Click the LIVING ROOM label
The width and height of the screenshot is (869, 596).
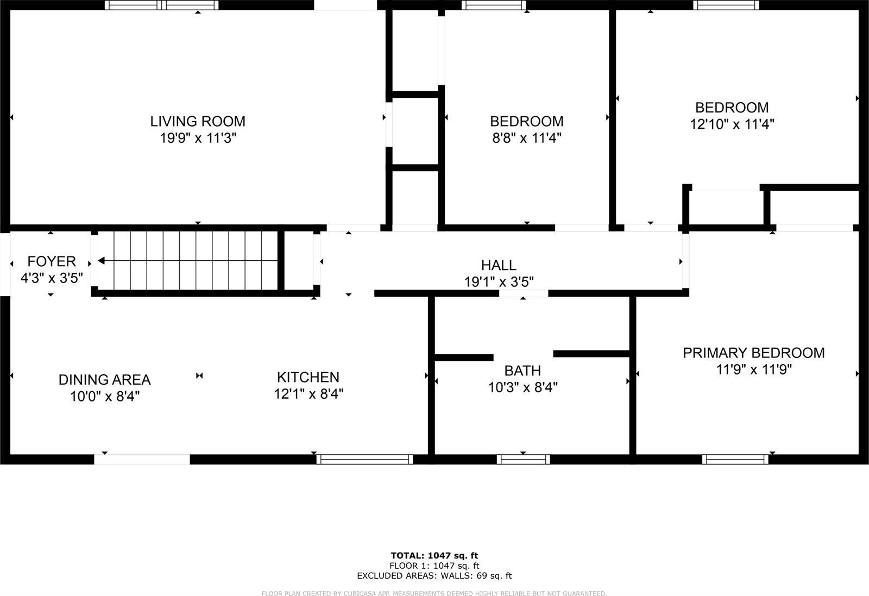coord(198,121)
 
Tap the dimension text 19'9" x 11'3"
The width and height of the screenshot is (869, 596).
coord(198,138)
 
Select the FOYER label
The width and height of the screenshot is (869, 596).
coord(52,261)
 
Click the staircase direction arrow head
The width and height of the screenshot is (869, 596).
coord(101,261)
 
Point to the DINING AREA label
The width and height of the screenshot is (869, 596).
coord(104,379)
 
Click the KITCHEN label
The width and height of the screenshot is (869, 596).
coord(308,377)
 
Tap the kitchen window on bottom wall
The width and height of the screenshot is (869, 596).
coord(364,460)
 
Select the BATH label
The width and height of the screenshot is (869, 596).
coord(522,371)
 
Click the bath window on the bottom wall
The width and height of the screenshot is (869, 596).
coord(523,460)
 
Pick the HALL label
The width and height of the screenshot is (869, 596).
coord(499,265)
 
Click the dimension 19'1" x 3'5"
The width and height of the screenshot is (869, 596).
coord(499,282)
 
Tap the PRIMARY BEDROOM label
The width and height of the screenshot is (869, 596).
coord(753,353)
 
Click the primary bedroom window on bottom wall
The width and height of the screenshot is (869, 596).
coord(735,460)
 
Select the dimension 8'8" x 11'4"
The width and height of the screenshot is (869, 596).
coord(526,138)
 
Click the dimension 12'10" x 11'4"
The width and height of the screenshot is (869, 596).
coord(732,124)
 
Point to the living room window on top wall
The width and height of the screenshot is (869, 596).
coord(161,5)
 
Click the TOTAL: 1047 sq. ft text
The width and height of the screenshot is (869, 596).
coord(434,555)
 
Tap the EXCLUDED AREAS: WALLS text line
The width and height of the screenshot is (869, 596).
coord(434,576)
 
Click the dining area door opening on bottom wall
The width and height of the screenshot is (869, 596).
coord(142,460)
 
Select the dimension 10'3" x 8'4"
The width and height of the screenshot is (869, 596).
coord(522,387)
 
